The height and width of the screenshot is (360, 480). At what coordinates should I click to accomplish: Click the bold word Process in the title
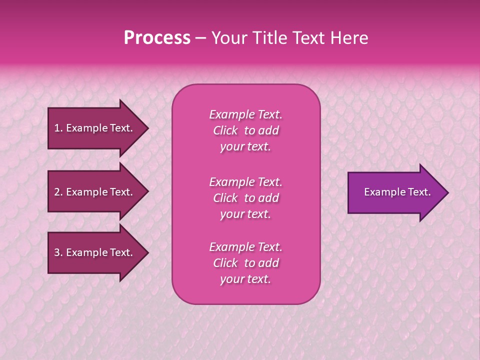point(157,38)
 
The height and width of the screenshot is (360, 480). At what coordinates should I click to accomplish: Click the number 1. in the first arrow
point(58,128)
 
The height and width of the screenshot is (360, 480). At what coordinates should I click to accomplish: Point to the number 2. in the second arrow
point(58,192)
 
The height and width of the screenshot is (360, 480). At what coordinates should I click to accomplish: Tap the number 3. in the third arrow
point(58,252)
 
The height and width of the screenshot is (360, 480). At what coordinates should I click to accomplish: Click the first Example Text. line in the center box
point(245,114)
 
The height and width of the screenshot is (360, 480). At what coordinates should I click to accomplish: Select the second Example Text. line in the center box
point(245,181)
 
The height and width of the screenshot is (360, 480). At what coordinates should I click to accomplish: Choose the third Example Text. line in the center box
point(245,247)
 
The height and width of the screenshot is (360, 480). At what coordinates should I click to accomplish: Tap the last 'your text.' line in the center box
point(245,279)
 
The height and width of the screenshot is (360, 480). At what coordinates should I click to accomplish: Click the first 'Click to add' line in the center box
point(245,130)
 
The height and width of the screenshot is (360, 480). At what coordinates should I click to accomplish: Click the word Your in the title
point(228,38)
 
